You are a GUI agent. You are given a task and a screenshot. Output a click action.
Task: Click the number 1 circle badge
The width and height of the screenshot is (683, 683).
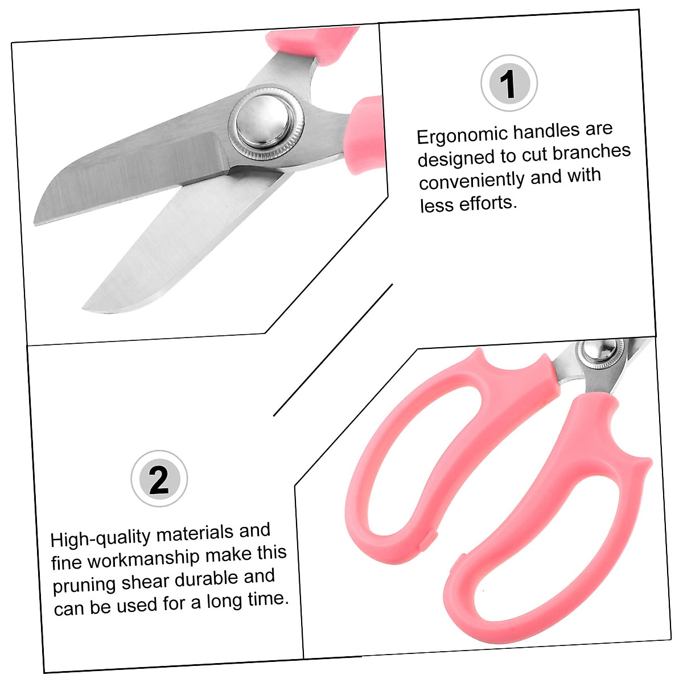(x=509, y=83)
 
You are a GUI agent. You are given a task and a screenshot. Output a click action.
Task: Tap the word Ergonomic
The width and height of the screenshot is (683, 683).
(x=462, y=135)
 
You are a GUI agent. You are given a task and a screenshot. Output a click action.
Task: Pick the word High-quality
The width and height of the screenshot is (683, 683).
(x=101, y=538)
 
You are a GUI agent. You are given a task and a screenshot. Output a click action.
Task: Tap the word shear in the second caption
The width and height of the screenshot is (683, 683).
(x=145, y=582)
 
